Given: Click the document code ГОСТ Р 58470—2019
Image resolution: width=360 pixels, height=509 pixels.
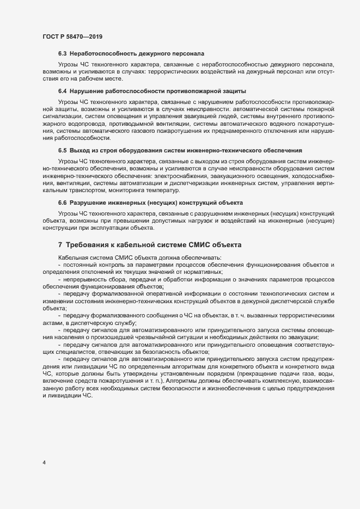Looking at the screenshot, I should [73, 36].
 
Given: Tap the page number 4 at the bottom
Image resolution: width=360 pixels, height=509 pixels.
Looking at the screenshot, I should [44, 463].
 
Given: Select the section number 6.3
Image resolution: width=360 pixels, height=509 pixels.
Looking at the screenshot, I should [62, 54].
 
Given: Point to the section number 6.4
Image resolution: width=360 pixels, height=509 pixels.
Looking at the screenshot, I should [62, 90].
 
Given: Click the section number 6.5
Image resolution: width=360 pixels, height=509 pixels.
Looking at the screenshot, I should [62, 150].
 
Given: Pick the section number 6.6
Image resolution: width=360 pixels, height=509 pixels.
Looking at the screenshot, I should [62, 202].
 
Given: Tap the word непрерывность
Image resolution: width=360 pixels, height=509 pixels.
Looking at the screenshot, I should [87, 278].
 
